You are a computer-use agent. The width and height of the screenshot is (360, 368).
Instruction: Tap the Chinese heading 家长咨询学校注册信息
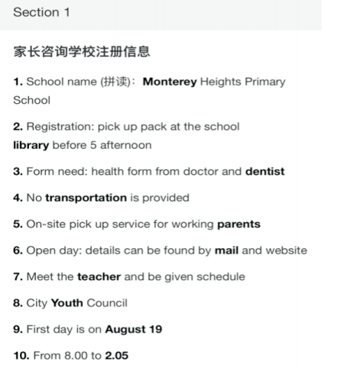81,52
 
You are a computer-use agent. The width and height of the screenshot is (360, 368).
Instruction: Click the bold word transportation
86,197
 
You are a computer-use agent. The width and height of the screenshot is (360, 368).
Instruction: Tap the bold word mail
225,250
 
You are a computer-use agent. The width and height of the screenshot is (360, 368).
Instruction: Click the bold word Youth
66,303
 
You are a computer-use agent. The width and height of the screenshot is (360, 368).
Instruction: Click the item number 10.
20,355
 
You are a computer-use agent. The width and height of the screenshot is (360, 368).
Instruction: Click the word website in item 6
287,250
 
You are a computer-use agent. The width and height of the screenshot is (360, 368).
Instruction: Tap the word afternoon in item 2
125,144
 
